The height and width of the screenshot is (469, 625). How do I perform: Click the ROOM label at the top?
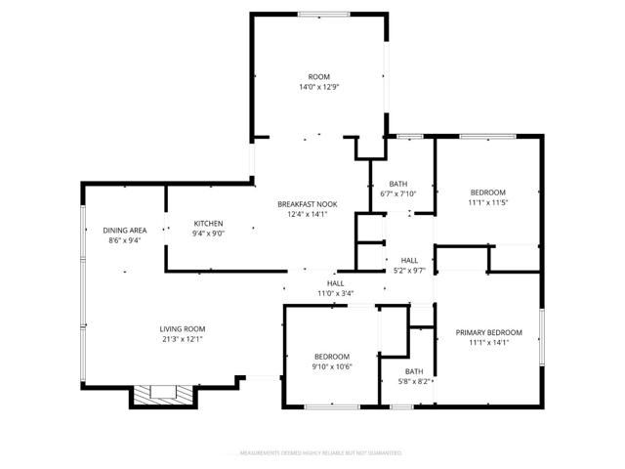[318, 76]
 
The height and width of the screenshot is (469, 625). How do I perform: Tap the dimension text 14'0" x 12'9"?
[318, 87]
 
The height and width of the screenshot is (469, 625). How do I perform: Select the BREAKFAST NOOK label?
[307, 203]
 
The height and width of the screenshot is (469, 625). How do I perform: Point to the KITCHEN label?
[208, 223]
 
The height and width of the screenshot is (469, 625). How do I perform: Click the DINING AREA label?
[124, 230]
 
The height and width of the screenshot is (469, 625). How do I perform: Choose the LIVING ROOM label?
[183, 329]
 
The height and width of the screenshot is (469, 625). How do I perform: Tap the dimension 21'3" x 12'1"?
[183, 340]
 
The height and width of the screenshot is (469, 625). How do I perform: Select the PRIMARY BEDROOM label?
[488, 332]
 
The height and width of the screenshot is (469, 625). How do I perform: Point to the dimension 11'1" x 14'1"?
[488, 343]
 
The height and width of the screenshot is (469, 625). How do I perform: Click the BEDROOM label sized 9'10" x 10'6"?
[331, 356]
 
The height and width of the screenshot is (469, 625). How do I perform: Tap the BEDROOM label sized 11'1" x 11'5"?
[488, 192]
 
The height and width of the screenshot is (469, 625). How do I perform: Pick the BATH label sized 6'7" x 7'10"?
[397, 183]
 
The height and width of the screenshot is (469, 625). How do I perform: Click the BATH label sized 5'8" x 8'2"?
[414, 371]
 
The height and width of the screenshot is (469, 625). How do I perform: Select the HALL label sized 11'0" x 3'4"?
[335, 282]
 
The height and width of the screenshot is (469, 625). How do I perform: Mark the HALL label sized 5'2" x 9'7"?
[409, 259]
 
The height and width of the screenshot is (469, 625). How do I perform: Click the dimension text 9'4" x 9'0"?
[208, 234]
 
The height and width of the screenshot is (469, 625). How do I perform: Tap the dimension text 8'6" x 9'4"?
[124, 240]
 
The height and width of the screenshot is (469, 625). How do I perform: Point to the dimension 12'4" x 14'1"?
[307, 214]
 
